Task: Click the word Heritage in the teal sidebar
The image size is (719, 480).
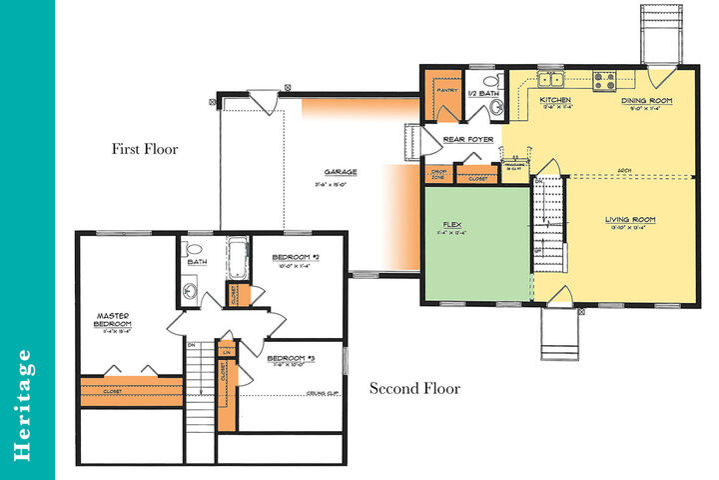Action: point(27,406)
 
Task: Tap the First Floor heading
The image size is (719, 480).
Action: point(144,150)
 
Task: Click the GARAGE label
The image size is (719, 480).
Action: point(340,171)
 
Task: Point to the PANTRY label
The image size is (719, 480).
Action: point(445,89)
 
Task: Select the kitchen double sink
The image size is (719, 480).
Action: point(550,79)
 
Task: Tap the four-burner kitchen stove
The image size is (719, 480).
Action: point(604,78)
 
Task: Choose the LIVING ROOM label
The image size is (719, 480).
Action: point(630,219)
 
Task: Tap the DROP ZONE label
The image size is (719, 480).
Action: point(437,174)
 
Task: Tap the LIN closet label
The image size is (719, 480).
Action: point(228,352)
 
